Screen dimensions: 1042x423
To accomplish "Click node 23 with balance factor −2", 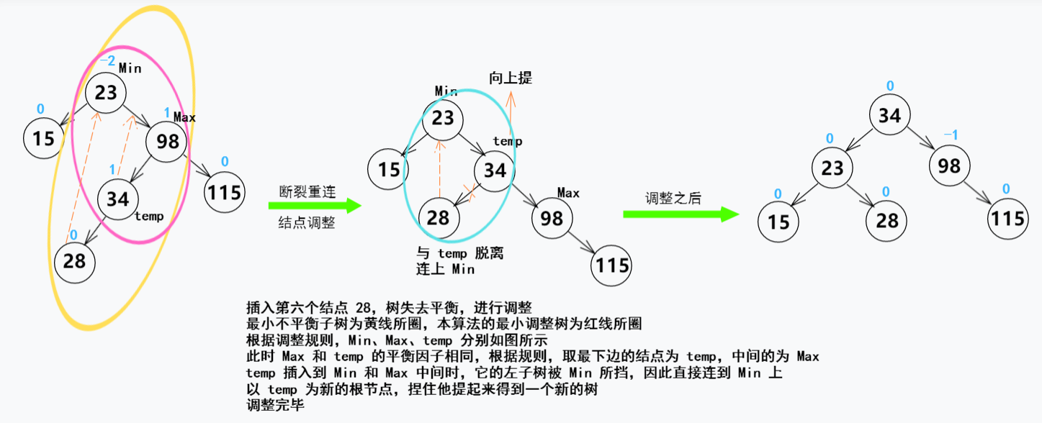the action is pos(106,93).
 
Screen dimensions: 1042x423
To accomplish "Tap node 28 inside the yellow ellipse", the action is pos(74,261).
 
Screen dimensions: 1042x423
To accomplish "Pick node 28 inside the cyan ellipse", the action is pos(438,217).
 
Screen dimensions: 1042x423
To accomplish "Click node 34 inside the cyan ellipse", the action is pos(494,171).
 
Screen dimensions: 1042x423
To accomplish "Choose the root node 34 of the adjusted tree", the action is pos(889,116).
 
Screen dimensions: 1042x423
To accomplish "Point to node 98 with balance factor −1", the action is pos(949,165).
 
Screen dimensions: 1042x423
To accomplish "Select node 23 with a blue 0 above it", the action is pos(832,168).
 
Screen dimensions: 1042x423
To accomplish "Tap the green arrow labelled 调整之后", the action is pos(681,214).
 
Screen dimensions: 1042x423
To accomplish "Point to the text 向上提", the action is pos(511,78).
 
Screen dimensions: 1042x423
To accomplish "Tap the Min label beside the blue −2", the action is pos(130,68).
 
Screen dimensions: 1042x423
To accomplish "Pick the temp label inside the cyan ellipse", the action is pos(508,142).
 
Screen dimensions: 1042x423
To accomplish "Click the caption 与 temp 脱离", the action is pos(462,253).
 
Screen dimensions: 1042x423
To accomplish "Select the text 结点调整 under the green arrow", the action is pos(307,223).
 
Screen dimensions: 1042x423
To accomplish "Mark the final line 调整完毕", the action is pos(275,406).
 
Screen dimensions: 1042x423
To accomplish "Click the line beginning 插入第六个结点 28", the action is pos(389,306).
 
